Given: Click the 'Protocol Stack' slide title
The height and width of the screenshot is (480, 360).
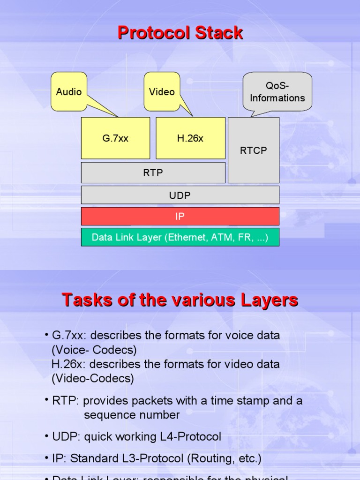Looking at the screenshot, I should click(180, 33).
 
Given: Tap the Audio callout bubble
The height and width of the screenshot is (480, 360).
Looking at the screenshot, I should click(69, 92).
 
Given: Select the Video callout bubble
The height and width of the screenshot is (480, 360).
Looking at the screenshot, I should click(162, 92).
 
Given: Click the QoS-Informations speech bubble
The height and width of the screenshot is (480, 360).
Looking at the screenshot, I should click(277, 92).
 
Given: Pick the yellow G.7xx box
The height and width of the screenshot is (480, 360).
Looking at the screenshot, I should click(115, 138).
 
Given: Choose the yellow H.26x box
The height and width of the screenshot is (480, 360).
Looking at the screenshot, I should click(190, 138).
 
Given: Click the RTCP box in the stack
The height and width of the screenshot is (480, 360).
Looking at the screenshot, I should click(253, 150).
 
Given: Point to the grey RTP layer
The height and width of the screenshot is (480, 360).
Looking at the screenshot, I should click(153, 172).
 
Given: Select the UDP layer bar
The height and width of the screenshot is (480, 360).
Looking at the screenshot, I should click(180, 195).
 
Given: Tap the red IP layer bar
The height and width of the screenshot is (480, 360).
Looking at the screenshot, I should click(180, 217).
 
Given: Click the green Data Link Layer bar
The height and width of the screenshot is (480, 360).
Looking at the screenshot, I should click(180, 237).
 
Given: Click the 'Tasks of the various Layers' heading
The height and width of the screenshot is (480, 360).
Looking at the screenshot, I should click(180, 300).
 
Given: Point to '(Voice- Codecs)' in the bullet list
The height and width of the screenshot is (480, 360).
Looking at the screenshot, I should click(94, 350).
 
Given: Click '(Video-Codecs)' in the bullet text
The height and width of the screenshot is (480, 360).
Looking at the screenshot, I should click(93, 378).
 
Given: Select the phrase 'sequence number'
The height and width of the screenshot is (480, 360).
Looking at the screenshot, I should click(132, 415).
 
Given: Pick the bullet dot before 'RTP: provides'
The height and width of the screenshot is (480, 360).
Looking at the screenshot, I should click(47, 399).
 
